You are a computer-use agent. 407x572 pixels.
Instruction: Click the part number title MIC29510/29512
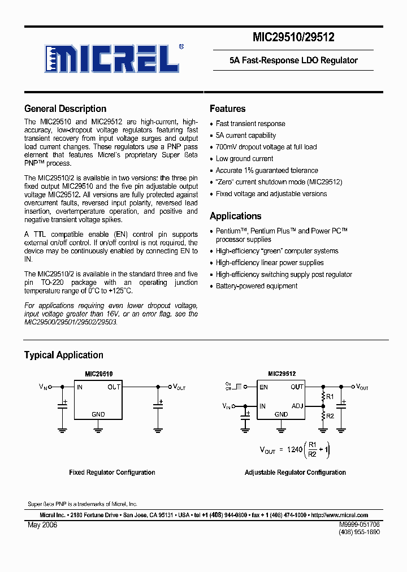point(293,37)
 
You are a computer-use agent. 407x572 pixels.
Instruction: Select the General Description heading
point(65,109)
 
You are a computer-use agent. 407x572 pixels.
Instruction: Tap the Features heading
point(227,109)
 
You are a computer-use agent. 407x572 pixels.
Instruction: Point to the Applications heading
point(235,216)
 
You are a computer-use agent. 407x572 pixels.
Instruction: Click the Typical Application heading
point(63,355)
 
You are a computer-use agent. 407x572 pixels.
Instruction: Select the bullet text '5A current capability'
point(246,136)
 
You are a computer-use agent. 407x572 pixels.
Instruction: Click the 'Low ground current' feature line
point(244,159)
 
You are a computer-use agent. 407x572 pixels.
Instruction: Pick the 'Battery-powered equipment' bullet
point(256,286)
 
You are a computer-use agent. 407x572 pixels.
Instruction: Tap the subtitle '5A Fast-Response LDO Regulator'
point(293,60)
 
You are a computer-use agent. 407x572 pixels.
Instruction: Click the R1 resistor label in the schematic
point(330,397)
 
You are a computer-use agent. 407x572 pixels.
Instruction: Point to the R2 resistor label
point(330,415)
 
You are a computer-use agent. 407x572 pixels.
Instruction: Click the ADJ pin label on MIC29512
point(297,405)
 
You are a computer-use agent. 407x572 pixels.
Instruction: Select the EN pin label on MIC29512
point(263,387)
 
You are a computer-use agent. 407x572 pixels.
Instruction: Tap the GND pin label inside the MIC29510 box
point(98,414)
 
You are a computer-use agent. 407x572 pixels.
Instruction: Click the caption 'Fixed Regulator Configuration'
point(112,473)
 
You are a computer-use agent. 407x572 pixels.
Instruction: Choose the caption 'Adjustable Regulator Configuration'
point(295,473)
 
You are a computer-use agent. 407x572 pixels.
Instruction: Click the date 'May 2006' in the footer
point(42,525)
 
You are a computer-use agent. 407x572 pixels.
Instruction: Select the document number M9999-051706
point(360,525)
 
